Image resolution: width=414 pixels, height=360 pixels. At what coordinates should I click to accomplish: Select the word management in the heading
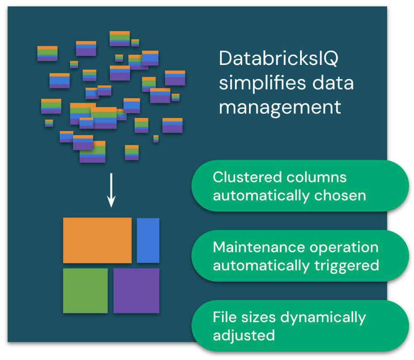280,108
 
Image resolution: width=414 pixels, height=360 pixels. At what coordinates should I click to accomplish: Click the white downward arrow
111,194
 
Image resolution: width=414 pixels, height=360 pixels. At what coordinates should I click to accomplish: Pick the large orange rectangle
97,240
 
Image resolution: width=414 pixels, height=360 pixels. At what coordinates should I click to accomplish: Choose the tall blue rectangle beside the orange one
148,240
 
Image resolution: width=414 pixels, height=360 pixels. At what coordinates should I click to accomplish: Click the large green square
85,290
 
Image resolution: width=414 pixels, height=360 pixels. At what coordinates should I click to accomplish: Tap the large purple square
136,290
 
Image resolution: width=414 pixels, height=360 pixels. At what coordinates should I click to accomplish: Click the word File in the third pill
222,317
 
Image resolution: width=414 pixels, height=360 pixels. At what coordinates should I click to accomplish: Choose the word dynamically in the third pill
322,318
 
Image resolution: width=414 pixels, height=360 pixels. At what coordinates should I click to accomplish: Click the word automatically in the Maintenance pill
261,266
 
